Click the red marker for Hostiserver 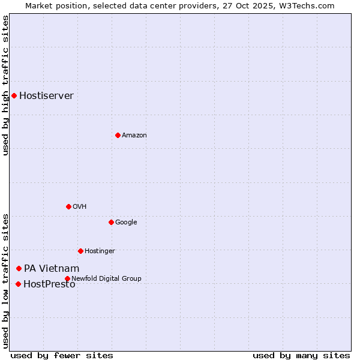14,95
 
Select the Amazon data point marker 118,135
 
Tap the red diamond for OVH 68,206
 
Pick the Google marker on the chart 111,222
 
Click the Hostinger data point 80,251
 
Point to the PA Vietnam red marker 19,268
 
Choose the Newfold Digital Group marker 67,278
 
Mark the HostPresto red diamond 18,284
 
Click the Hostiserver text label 46,95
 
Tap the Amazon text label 134,135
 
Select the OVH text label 80,206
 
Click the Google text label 126,222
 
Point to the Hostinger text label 100,251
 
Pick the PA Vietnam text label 52,268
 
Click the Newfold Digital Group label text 106,278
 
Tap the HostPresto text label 49,284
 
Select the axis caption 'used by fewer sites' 62,355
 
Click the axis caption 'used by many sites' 301,355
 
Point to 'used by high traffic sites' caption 5,85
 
